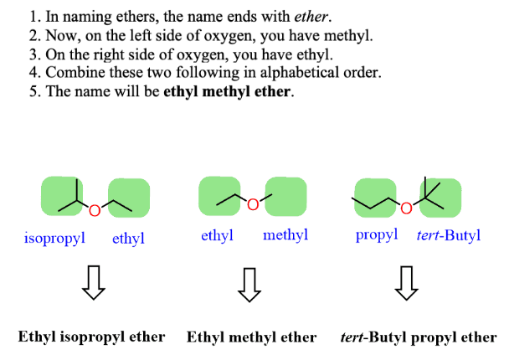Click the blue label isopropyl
[55, 238]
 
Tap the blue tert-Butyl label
[449, 235]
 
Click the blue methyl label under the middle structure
[285, 235]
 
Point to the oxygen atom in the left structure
[94, 210]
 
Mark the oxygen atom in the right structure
[406, 207]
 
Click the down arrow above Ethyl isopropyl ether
[93, 284]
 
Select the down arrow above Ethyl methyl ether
[248, 284]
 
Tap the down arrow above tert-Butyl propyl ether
[407, 284]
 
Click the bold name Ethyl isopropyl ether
[92, 337]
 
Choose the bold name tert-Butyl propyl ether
[418, 337]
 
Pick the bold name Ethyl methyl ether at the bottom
[251, 337]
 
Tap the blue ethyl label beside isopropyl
[128, 239]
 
